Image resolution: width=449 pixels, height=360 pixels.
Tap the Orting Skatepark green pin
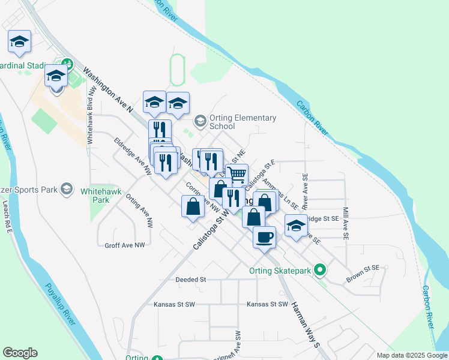pyautogui.click(x=321, y=271)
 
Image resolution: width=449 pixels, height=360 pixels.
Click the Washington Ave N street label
pyautogui.click(x=107, y=90)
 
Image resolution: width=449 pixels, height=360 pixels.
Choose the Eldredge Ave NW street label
pyautogui.click(x=132, y=156)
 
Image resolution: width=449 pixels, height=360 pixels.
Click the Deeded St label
pyautogui.click(x=190, y=280)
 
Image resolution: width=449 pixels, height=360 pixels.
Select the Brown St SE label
pyautogui.click(x=363, y=274)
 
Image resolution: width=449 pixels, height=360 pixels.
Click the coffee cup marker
pyautogui.click(x=264, y=238)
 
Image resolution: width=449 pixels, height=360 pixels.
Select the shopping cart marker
pyautogui.click(x=237, y=175)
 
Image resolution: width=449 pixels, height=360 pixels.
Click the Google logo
pyautogui.click(x=20, y=353)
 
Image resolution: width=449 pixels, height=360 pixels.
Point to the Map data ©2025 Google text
pyautogui.click(x=411, y=355)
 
